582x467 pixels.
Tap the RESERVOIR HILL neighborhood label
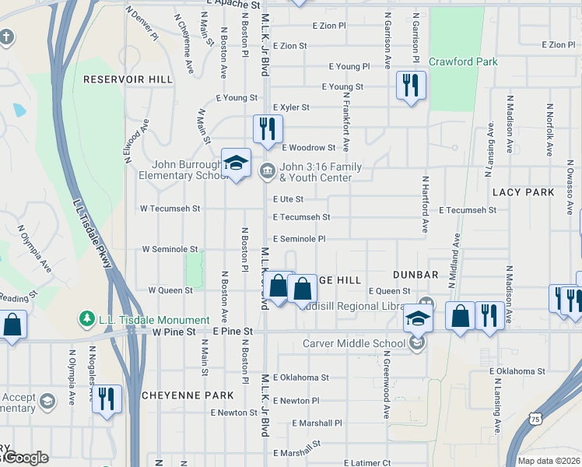point(128,79)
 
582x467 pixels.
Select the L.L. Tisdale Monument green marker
point(85,320)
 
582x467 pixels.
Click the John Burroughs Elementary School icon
point(236,163)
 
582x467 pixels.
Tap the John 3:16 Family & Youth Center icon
point(268,170)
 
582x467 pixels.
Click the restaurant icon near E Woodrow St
point(268,129)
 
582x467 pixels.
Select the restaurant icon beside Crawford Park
point(411,85)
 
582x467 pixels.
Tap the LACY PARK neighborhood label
point(523,191)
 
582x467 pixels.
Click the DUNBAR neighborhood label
point(415,275)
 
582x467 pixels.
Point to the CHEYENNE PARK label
point(188,395)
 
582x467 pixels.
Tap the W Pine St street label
point(171,332)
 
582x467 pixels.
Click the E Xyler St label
point(291,107)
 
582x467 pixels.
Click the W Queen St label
point(170,290)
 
